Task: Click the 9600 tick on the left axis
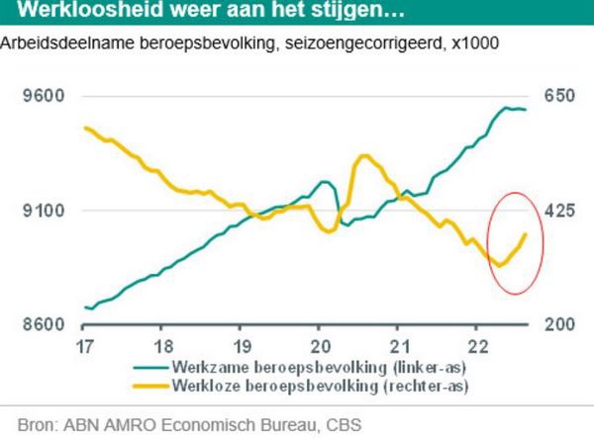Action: click(44, 97)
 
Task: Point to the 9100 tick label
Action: click(44, 211)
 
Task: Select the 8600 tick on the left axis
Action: click(44, 324)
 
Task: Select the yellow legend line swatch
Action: click(148, 383)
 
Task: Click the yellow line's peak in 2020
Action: click(364, 155)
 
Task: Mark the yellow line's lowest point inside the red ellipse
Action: click(500, 265)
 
